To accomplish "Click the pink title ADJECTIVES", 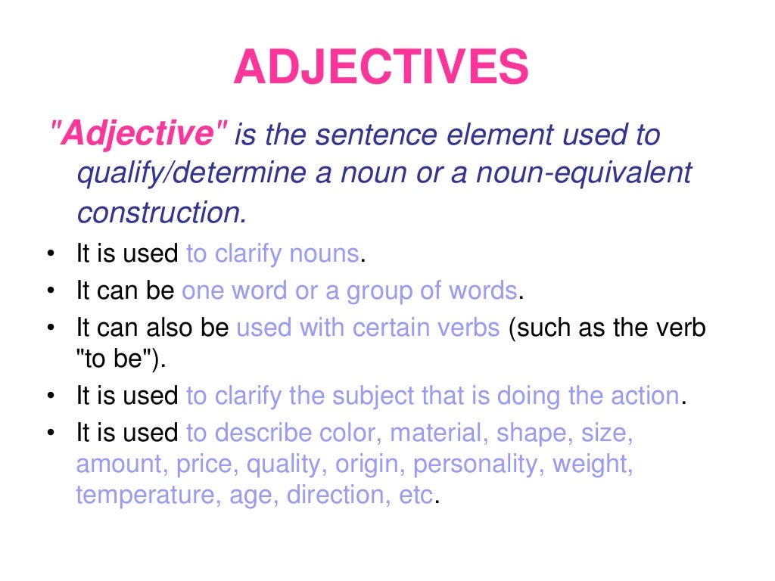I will (x=381, y=67).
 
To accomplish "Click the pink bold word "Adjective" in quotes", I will (x=137, y=135).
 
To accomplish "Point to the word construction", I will (x=162, y=213).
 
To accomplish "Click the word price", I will (x=197, y=464).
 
